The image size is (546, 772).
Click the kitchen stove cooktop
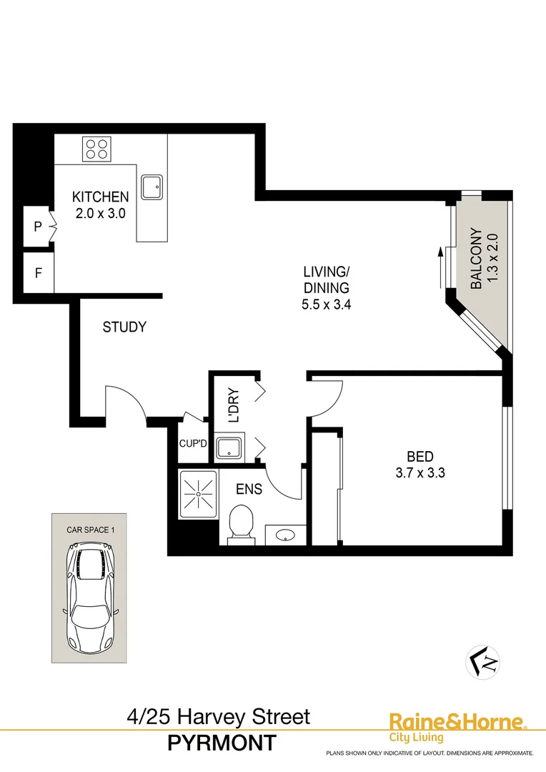[96, 149]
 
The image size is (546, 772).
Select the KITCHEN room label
[101, 197]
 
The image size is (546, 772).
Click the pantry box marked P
[38, 227]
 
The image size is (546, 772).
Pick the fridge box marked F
[38, 272]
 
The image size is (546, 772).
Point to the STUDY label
[124, 327]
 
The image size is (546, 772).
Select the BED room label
[420, 457]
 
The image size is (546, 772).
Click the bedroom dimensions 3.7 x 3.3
[420, 472]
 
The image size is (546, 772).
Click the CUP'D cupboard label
[192, 444]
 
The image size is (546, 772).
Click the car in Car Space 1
[90, 595]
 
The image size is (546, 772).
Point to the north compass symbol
[483, 660]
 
